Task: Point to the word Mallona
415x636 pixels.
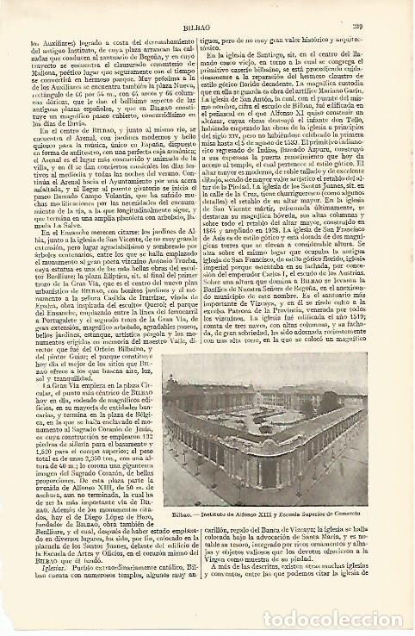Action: tap(46, 73)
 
